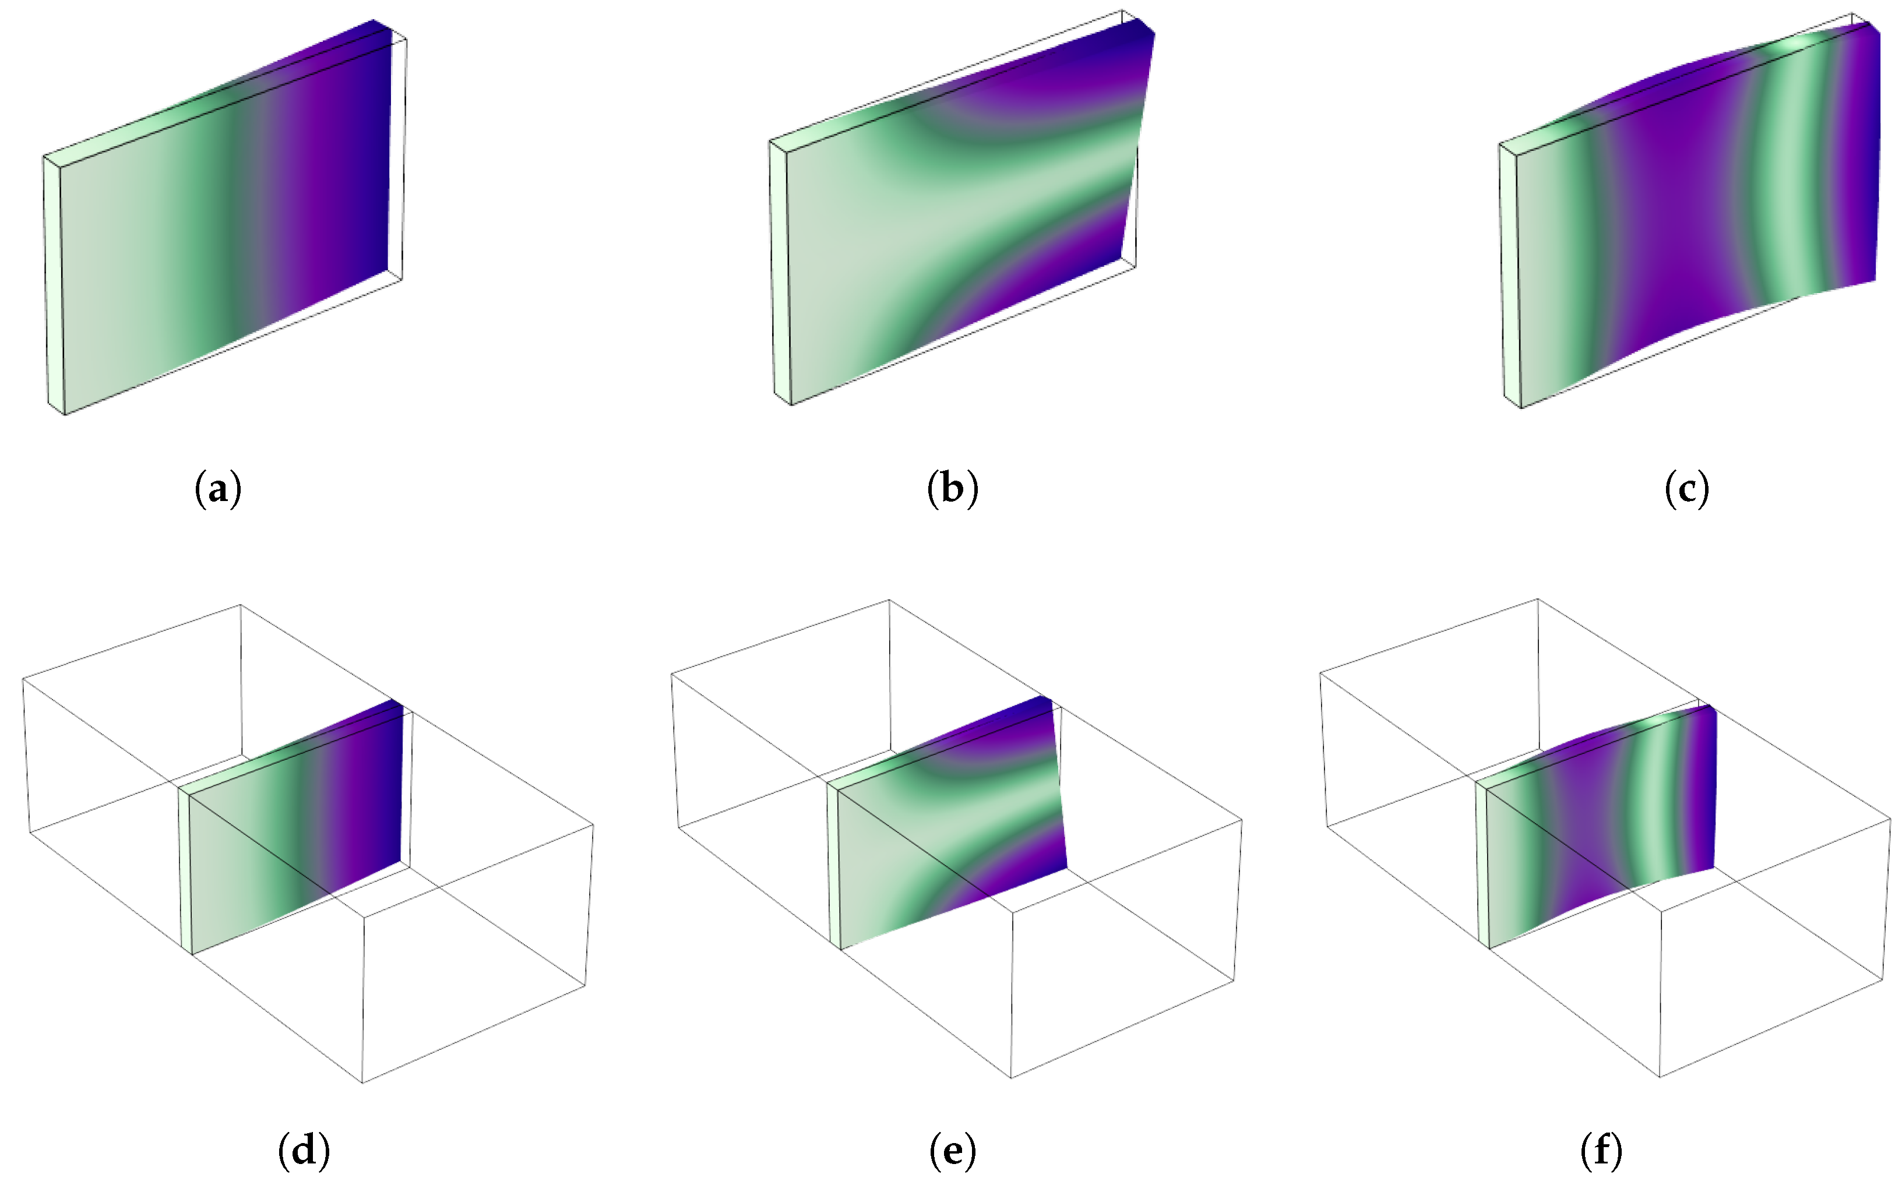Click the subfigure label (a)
217,488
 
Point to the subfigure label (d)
304,1151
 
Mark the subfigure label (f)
1601,1151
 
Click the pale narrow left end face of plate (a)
54,284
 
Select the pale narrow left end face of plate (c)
1509,276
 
